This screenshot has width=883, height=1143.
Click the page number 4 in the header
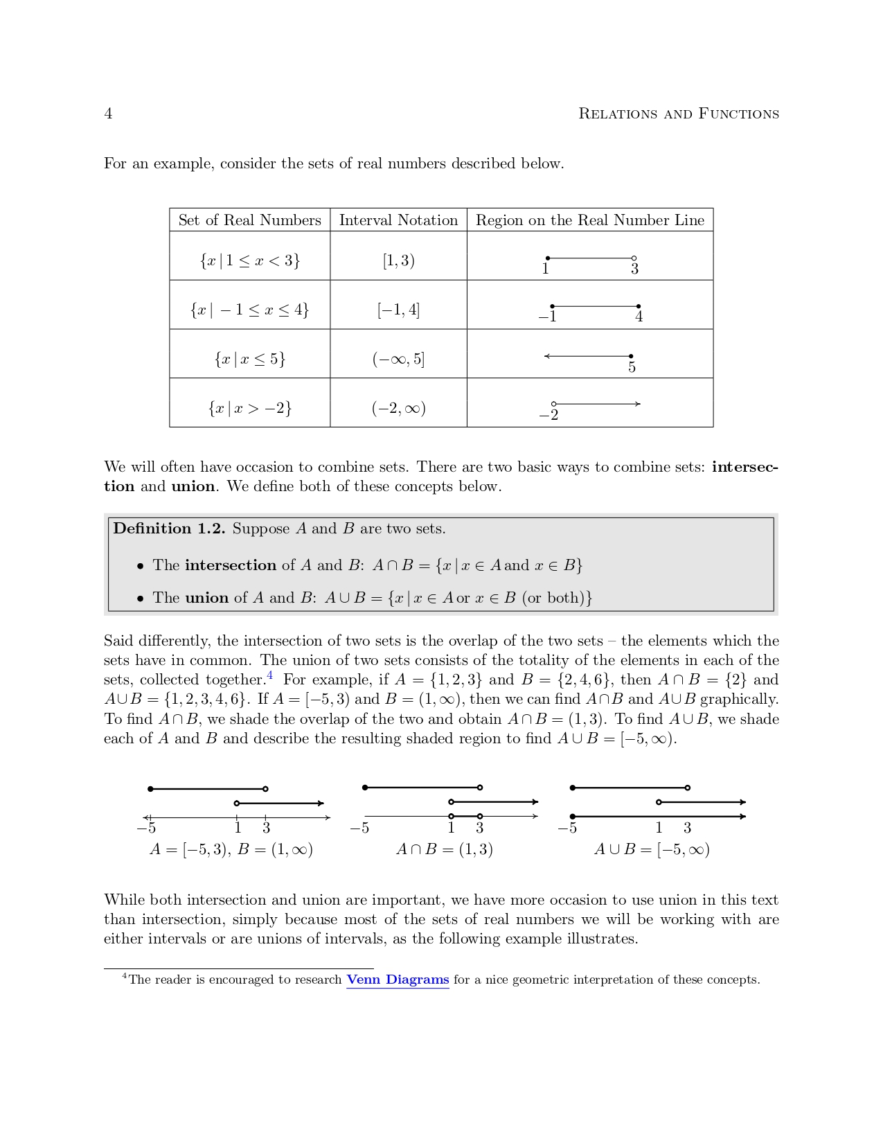(x=108, y=114)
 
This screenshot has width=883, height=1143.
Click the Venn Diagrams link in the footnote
(x=398, y=980)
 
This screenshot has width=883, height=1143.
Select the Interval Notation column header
(x=398, y=220)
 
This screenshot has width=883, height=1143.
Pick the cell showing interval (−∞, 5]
(x=398, y=359)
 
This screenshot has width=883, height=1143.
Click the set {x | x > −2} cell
(x=249, y=408)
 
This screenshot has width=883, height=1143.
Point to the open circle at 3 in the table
(x=634, y=258)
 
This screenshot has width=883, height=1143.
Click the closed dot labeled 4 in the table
(x=638, y=306)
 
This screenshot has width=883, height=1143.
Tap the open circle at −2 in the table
(x=553, y=404)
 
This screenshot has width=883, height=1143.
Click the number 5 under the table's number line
(x=632, y=367)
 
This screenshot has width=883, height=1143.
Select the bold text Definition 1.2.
(x=169, y=529)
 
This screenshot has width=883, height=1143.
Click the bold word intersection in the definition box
(x=230, y=565)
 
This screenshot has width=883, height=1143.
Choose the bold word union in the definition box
(x=206, y=598)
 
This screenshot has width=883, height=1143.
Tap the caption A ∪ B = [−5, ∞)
(x=652, y=849)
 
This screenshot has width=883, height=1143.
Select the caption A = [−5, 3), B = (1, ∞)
(x=231, y=849)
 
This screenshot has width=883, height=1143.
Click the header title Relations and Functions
(x=678, y=114)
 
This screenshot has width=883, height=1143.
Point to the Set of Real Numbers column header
(x=249, y=220)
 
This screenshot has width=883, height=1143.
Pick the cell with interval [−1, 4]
(x=398, y=310)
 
